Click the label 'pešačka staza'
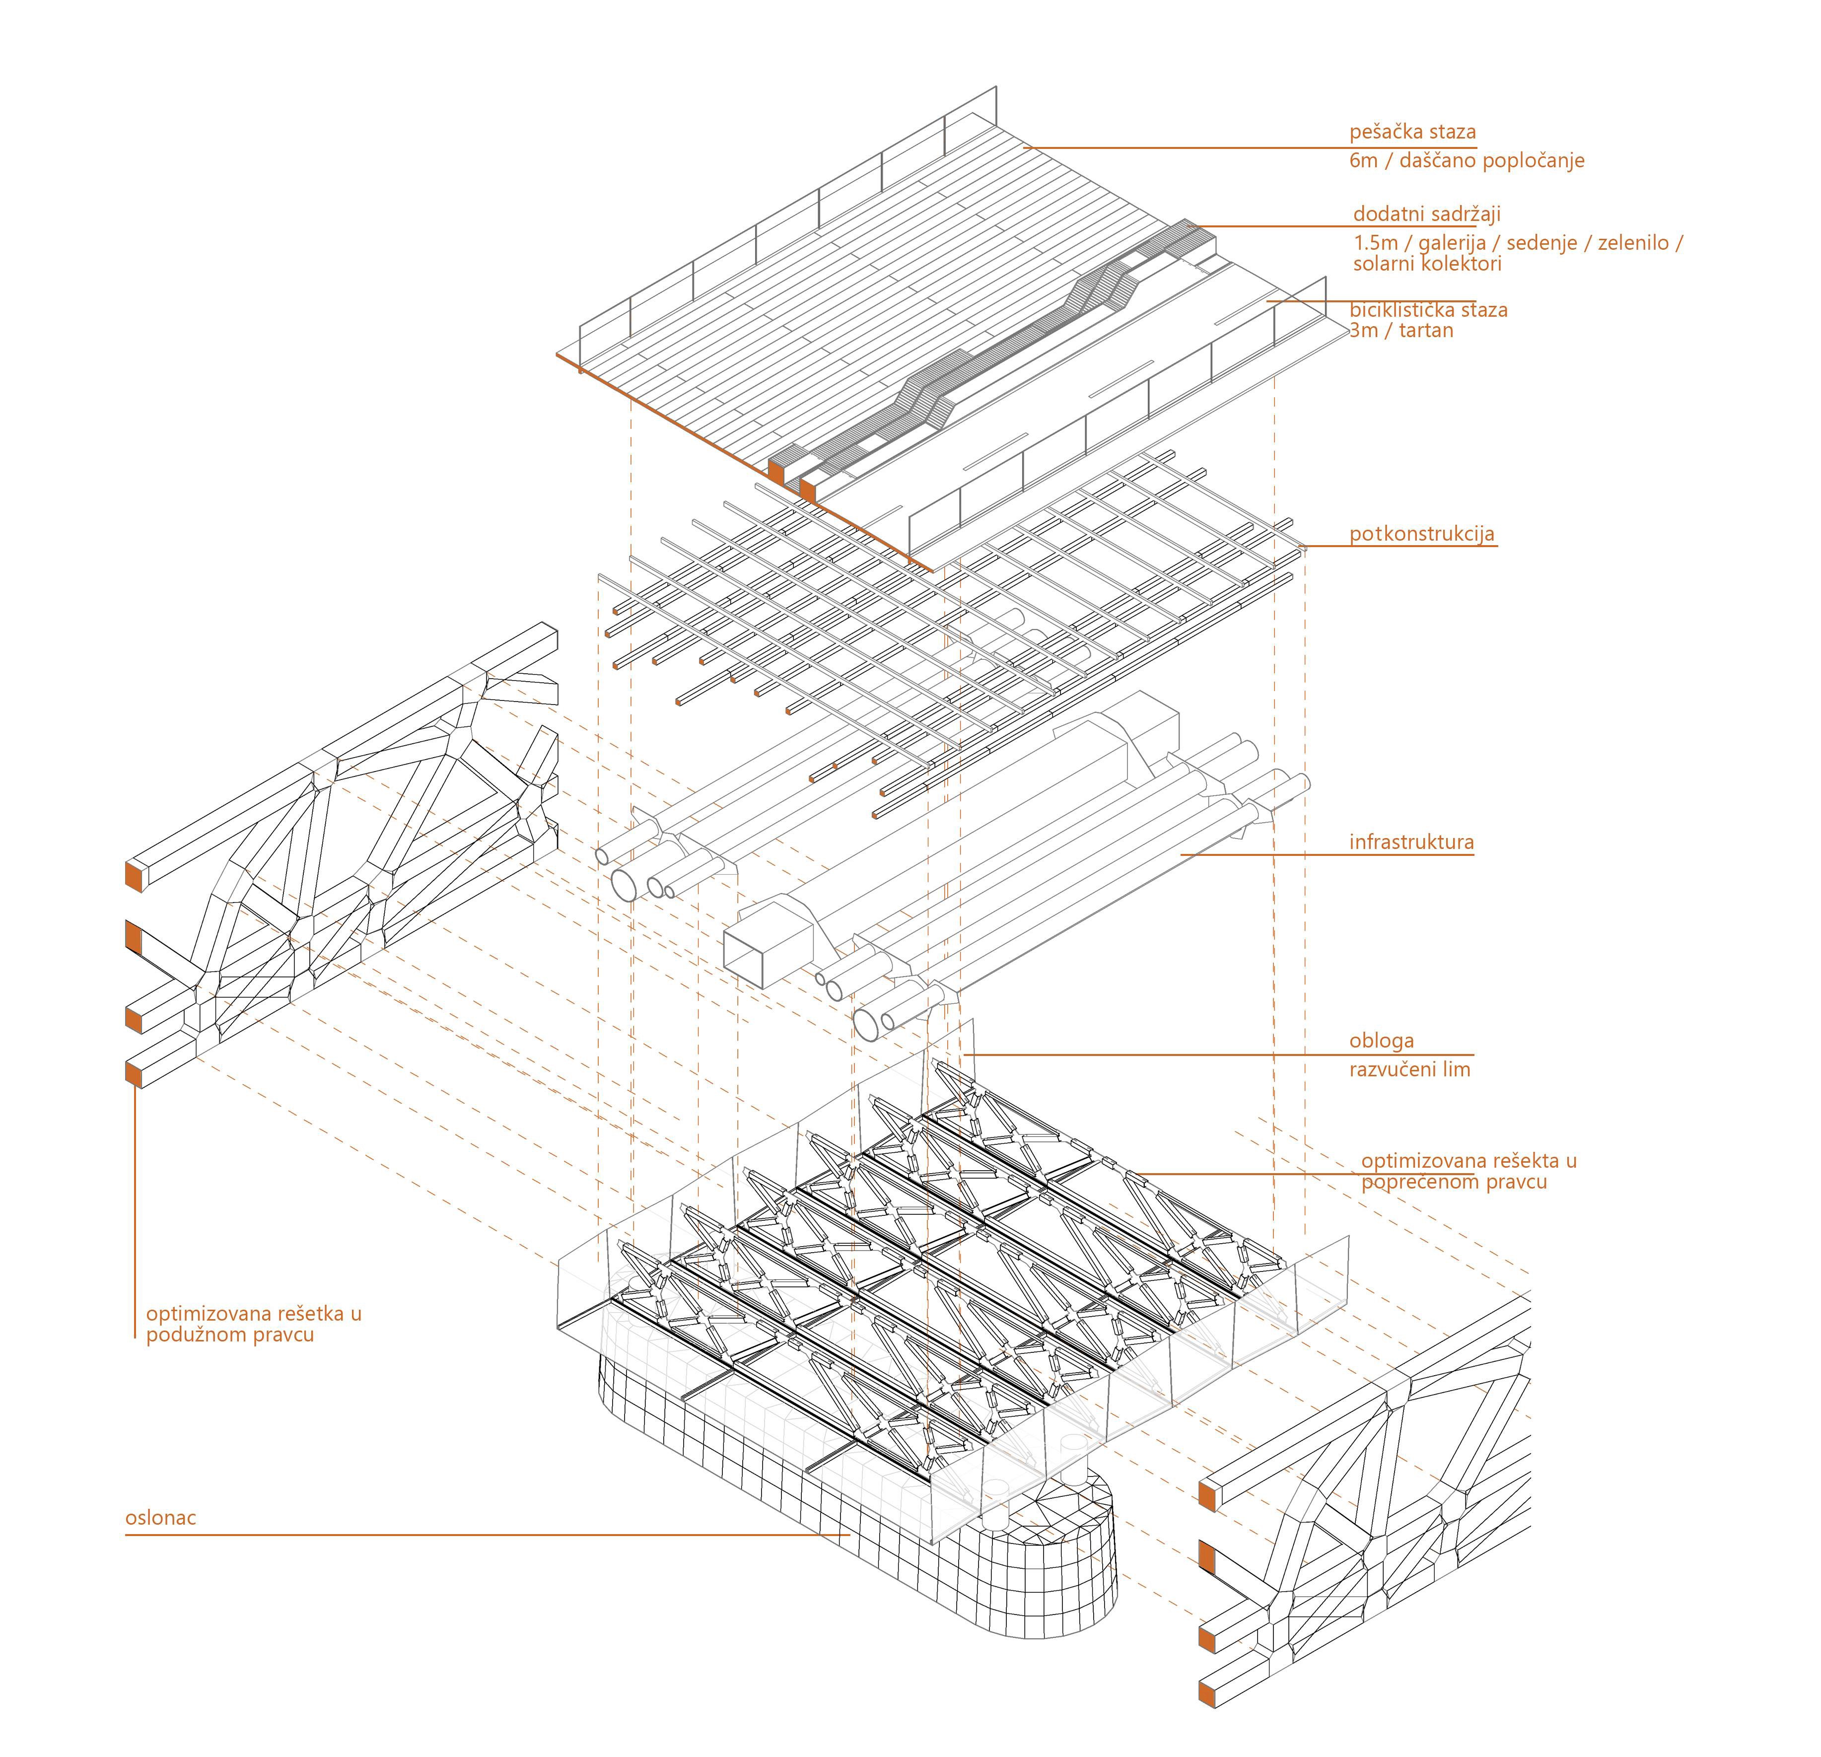point(1412,132)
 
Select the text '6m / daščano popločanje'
point(1466,161)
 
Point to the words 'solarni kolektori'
point(1427,264)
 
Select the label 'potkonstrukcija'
point(1421,534)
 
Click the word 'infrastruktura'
point(1411,843)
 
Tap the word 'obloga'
point(1382,1042)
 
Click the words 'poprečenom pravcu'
point(1454,1183)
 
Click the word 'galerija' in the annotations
point(1452,243)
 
